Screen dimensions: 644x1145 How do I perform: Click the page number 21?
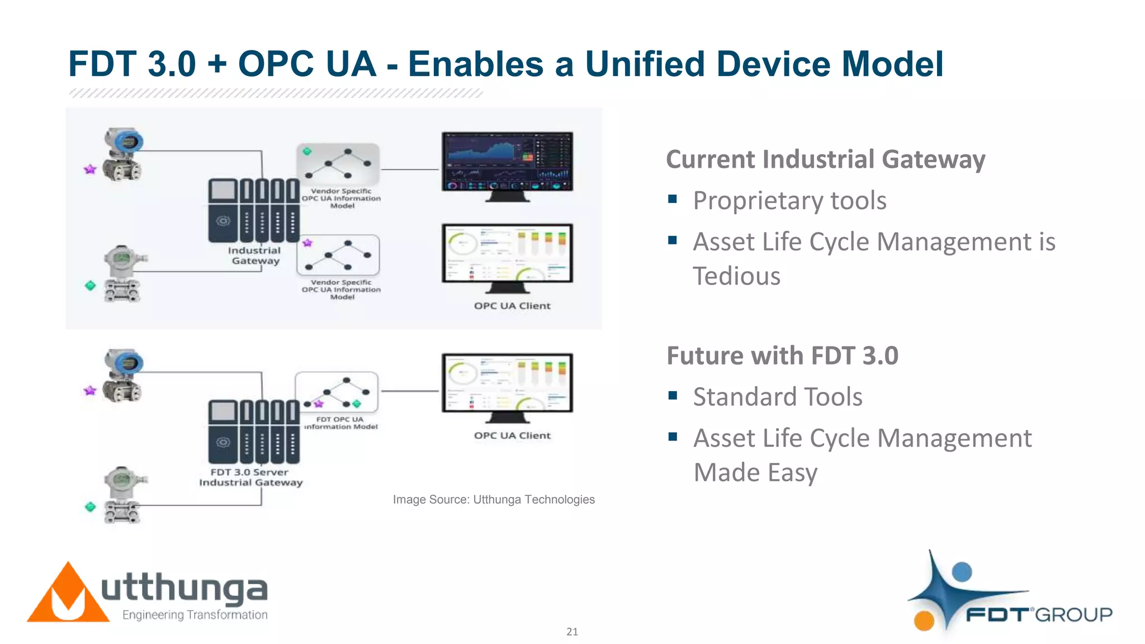pos(572,632)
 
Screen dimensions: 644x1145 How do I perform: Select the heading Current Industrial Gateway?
pos(825,159)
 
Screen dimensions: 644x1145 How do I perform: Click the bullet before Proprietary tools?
pos(673,199)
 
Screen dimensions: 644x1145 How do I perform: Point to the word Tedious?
pos(736,276)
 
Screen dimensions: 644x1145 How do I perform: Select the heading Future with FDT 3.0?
pos(782,356)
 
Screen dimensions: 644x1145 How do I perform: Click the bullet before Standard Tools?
pos(673,396)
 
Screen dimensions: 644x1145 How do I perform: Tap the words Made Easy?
pos(755,472)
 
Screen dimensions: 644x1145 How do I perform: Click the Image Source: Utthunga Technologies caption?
pos(494,499)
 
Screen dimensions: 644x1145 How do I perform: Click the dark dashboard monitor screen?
pos(507,162)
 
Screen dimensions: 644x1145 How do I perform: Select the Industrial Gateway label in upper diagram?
pos(254,255)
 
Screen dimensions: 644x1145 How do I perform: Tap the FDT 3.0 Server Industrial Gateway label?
pos(250,477)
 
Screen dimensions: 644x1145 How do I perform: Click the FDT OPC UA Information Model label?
pos(340,423)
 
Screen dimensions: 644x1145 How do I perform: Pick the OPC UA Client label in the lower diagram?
pos(512,435)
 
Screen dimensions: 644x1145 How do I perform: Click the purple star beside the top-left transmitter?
pos(90,169)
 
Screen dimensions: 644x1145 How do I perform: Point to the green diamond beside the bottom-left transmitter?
pos(90,507)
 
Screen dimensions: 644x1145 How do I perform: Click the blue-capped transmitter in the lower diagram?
pos(124,376)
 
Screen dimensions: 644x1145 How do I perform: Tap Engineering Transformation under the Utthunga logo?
pos(195,615)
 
